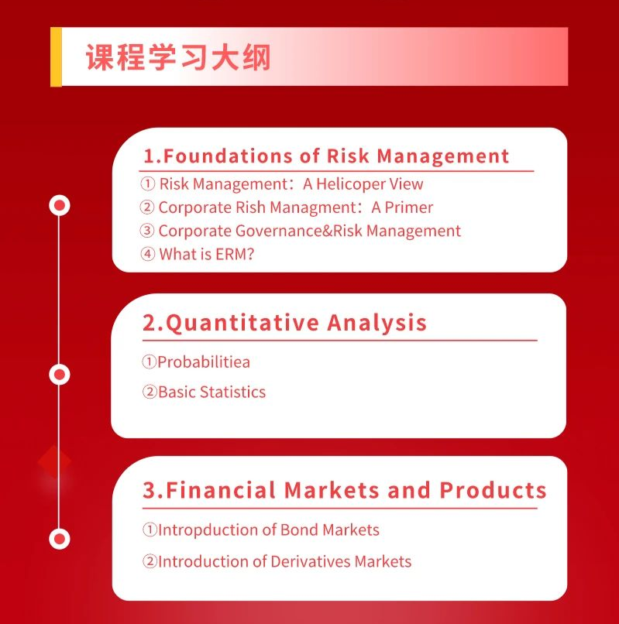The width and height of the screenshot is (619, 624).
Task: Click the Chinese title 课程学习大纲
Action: point(178,57)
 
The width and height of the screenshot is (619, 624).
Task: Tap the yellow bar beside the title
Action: point(56,57)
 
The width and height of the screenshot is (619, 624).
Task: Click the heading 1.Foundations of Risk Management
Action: point(326,156)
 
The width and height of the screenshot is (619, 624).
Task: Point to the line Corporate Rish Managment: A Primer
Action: point(296,207)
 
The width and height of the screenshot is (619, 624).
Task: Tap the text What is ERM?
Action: point(206,254)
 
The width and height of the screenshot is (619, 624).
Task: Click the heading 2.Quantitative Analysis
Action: point(284,322)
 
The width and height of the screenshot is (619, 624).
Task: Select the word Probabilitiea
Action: point(204,362)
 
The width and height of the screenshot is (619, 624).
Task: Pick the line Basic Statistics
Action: point(212,392)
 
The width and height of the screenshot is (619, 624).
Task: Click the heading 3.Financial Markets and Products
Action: point(345,490)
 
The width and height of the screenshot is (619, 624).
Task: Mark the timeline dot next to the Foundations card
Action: point(60,205)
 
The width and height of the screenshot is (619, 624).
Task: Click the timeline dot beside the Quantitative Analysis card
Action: point(60,375)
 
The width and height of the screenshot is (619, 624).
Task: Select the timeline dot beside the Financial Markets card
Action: point(60,539)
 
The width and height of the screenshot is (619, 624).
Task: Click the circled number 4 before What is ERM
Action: point(148,254)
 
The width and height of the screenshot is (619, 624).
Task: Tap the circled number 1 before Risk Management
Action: point(148,183)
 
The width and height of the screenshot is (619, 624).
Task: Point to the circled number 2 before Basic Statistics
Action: point(150,392)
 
